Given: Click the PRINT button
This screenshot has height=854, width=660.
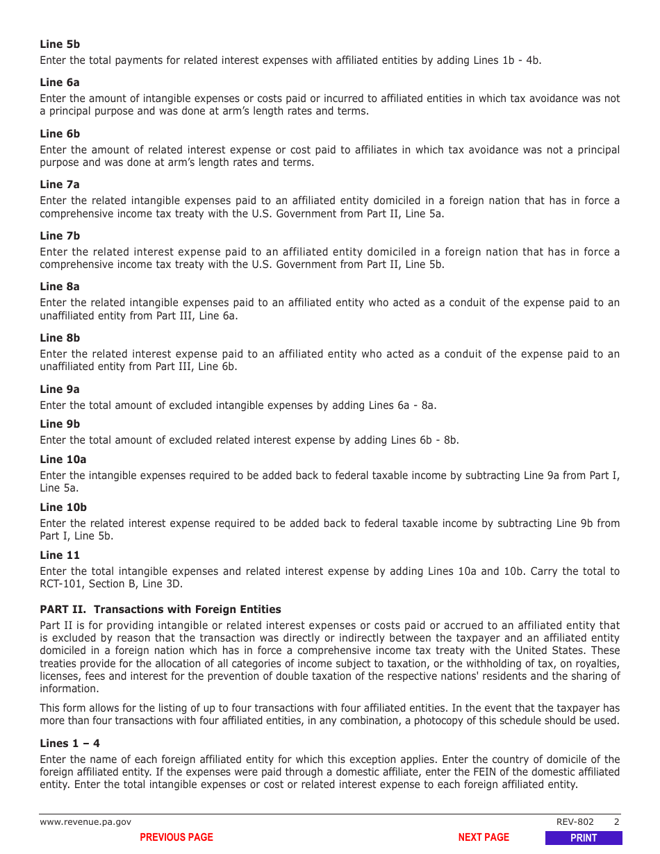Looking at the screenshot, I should pyautogui.click(x=584, y=838).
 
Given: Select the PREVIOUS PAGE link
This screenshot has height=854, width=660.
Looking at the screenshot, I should pyautogui.click(x=176, y=837).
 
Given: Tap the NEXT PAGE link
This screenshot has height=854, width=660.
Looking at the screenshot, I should pyautogui.click(x=484, y=837).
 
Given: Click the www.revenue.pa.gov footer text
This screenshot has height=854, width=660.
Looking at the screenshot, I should pyautogui.click(x=85, y=822).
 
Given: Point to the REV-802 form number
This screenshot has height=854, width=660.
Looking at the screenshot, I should pyautogui.click(x=575, y=822).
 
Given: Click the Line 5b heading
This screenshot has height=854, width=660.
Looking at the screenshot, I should pyautogui.click(x=60, y=44).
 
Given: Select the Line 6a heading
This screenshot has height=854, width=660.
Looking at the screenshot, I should pyautogui.click(x=60, y=83).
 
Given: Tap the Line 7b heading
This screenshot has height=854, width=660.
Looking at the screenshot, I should pyautogui.click(x=60, y=236).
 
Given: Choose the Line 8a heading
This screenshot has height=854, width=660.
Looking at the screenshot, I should pyautogui.click(x=60, y=287).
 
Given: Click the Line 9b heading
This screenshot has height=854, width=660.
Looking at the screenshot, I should pyautogui.click(x=60, y=424).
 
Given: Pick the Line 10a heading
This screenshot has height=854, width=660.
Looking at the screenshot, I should pyautogui.click(x=63, y=460).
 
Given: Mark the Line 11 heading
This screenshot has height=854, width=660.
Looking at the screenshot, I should pyautogui.click(x=60, y=555).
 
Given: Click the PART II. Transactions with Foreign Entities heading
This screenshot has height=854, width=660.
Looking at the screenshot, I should pyautogui.click(x=160, y=610).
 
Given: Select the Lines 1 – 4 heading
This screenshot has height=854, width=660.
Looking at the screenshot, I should pyautogui.click(x=69, y=744).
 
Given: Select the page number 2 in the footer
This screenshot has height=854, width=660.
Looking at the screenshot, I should pyautogui.click(x=616, y=822).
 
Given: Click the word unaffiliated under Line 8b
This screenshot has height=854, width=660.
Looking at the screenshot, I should pyautogui.click(x=69, y=367).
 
